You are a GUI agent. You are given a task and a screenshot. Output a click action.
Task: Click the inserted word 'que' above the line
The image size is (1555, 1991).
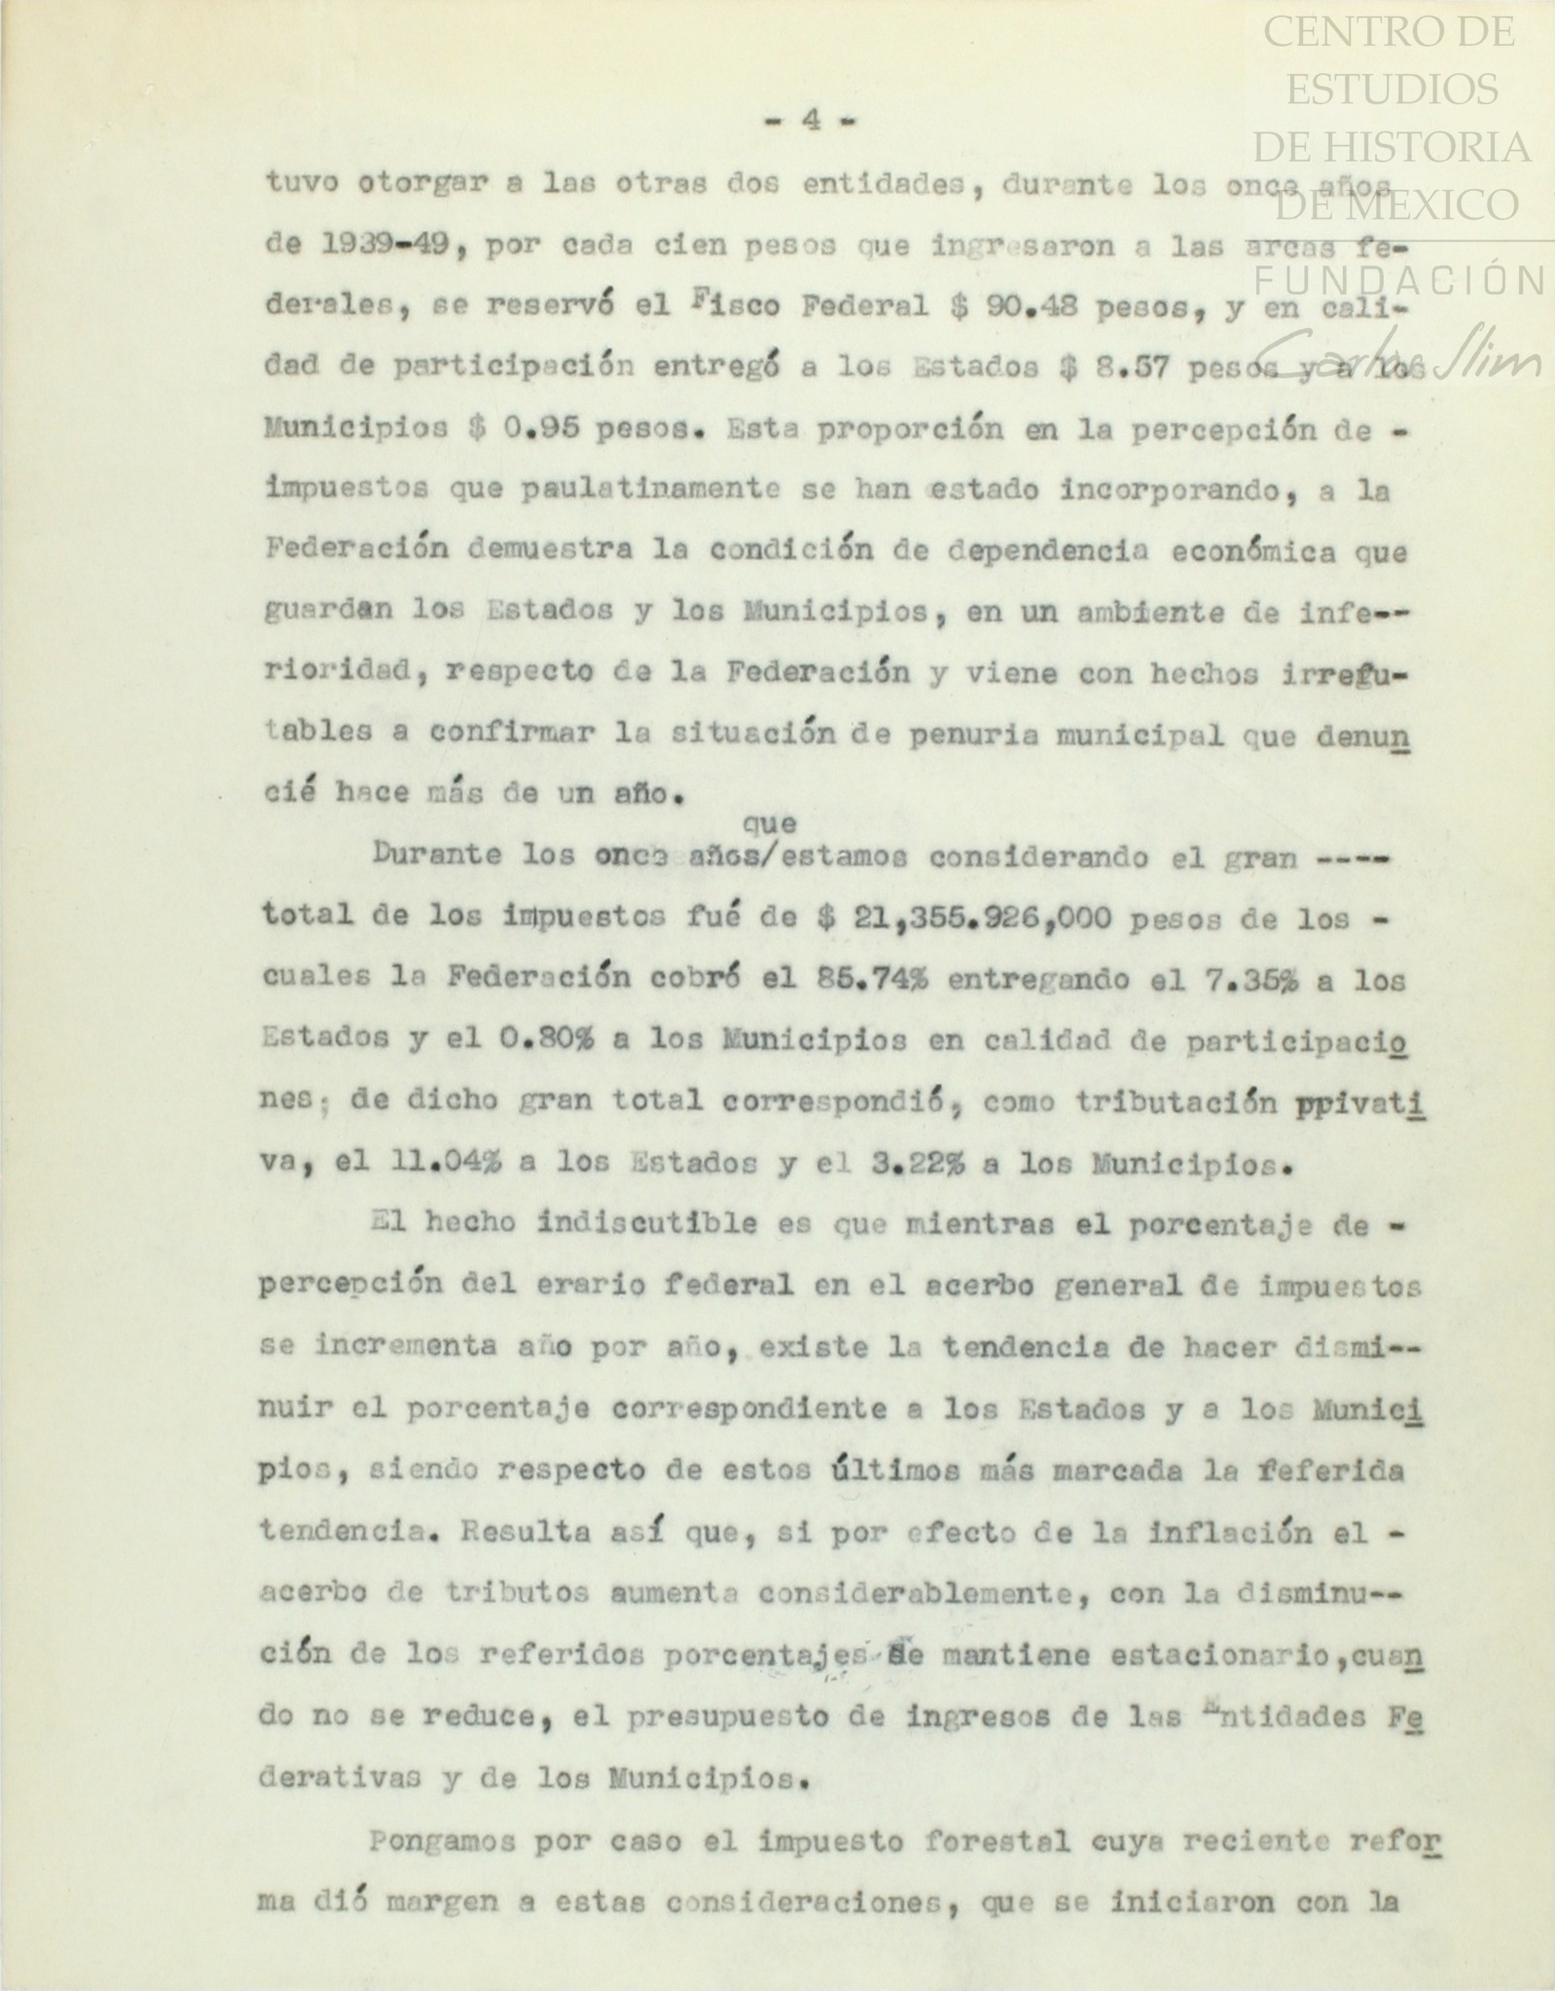(x=769, y=824)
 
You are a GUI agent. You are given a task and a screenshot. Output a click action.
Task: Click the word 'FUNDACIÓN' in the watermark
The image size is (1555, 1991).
(x=1398, y=281)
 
